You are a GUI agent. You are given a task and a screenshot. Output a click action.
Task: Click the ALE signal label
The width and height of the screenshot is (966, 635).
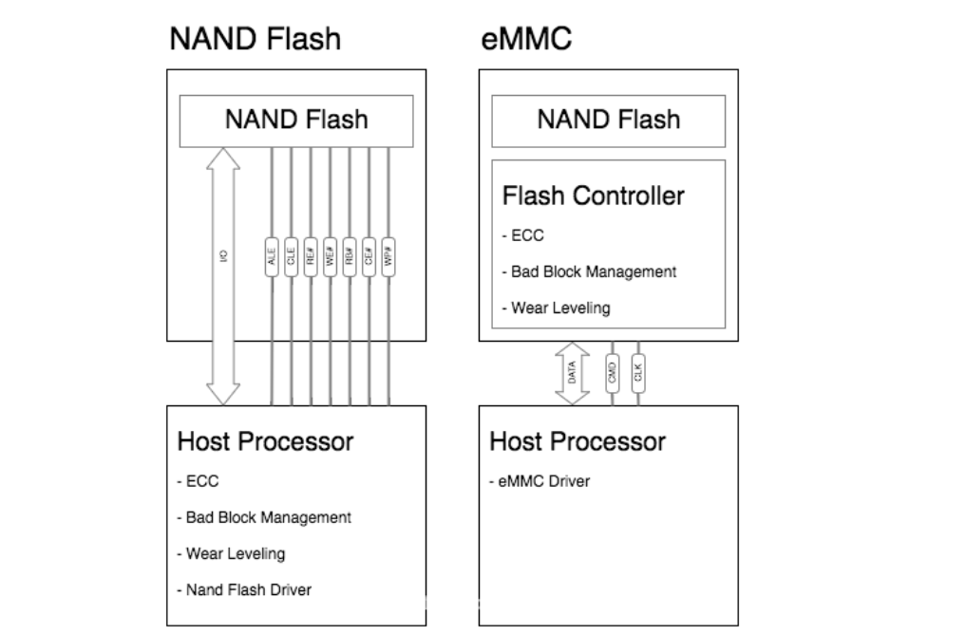[273, 257]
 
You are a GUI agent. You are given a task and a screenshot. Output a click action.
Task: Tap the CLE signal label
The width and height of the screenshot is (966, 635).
[292, 257]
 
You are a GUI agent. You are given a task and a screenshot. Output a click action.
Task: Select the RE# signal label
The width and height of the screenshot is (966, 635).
[311, 257]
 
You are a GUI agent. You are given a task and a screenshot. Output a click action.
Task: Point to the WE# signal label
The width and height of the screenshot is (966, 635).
[330, 257]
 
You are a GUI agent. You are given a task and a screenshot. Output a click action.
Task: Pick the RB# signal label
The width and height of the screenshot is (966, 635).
[349, 257]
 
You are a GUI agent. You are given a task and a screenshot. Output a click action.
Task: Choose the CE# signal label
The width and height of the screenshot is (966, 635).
[368, 257]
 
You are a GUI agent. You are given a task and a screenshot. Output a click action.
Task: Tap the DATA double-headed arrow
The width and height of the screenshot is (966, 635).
[573, 373]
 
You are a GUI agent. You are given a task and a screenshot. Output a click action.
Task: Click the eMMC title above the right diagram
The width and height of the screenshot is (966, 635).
[526, 40]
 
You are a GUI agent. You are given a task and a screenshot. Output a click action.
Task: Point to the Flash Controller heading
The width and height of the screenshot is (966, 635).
[593, 196]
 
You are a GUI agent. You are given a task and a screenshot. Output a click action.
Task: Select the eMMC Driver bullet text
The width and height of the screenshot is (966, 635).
[540, 481]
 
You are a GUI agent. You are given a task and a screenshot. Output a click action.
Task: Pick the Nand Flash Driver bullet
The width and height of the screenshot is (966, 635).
[244, 589]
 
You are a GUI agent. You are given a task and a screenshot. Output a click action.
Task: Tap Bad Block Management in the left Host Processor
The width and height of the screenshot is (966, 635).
[264, 517]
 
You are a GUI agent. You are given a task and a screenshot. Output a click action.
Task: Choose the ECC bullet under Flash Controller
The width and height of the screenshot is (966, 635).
[523, 236]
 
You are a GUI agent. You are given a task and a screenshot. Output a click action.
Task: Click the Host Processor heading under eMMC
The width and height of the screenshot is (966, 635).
[578, 441]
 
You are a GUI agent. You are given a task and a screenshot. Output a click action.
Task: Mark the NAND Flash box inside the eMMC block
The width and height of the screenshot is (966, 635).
[608, 120]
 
